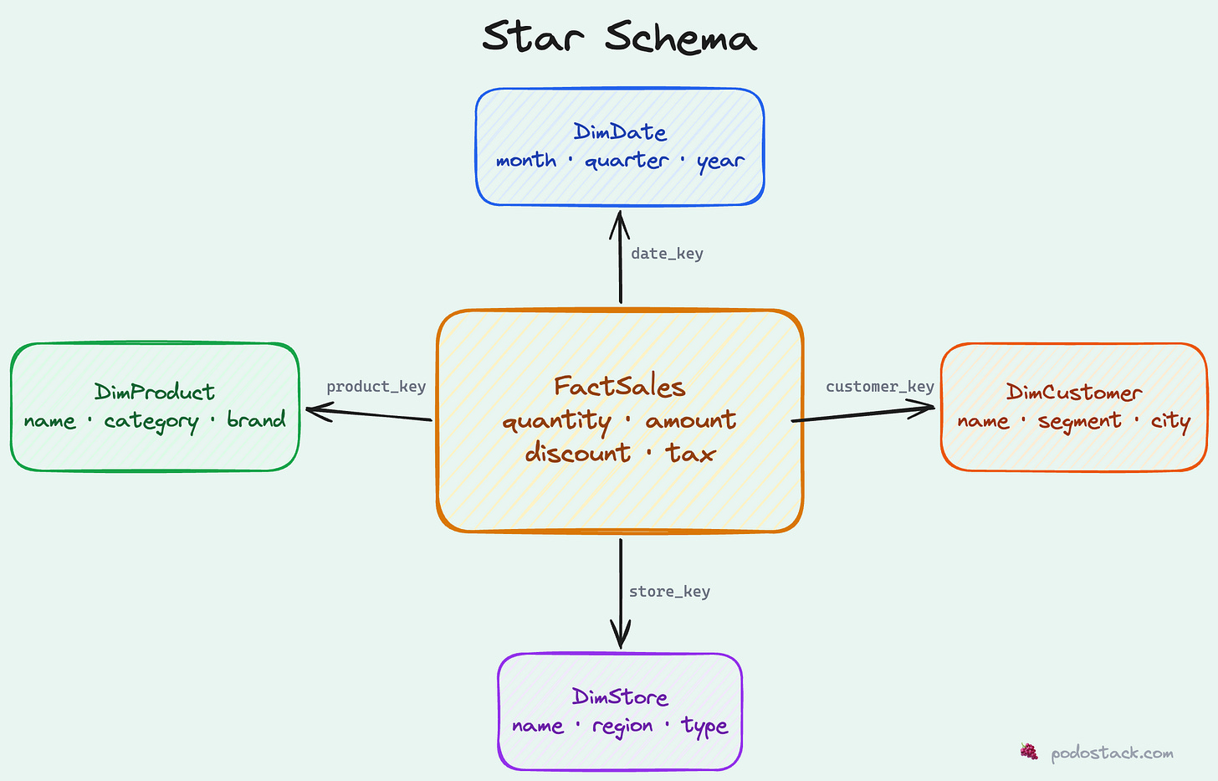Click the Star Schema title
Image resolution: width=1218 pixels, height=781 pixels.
[619, 38]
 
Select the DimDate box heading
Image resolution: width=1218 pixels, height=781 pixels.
[620, 132]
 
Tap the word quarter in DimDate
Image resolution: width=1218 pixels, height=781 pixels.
[627, 161]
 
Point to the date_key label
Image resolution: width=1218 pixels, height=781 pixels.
[667, 254]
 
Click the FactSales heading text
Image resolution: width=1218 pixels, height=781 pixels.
[619, 386]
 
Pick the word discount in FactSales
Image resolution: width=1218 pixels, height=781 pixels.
[577, 453]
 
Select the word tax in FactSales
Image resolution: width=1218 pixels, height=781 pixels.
[690, 454]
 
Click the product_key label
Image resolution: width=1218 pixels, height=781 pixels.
[376, 387]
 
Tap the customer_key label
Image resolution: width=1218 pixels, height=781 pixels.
[879, 387]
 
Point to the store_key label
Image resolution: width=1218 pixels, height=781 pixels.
[669, 592]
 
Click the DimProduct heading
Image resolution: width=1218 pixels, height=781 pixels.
[155, 392]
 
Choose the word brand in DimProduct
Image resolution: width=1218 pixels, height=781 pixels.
[256, 419]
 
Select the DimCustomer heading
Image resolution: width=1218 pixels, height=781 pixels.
[1074, 393]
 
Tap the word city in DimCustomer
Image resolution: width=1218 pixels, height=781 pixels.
[1170, 421]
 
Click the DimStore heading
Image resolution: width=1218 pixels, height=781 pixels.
[620, 696]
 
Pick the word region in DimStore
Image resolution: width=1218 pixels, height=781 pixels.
[622, 727]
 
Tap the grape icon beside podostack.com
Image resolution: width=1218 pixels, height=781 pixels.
[1028, 751]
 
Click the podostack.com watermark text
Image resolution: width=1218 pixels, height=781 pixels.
[1112, 753]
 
